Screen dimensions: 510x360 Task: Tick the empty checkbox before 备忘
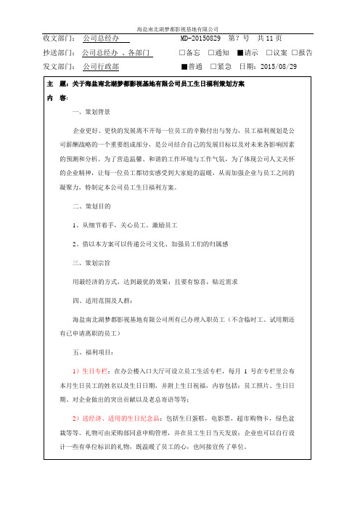point(181,53)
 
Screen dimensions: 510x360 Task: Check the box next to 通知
point(210,53)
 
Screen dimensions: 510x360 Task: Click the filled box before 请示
point(240,53)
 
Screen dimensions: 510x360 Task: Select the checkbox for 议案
point(269,53)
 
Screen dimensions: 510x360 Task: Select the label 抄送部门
point(61,53)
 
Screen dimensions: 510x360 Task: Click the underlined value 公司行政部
point(102,67)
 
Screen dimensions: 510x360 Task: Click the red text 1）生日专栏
point(91,371)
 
